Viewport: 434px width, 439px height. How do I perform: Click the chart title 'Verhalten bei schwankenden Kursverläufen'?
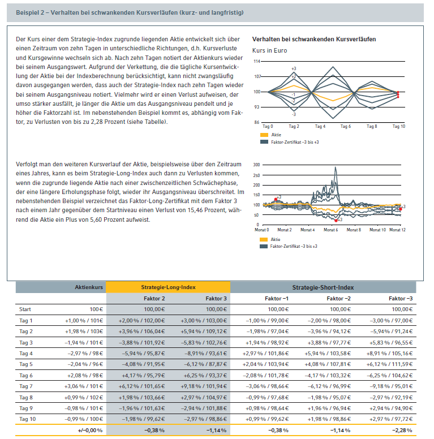[x=314, y=40]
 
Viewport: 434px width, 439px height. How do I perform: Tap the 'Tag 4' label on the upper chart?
[x=320, y=127]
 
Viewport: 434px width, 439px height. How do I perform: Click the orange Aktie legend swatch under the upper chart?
[x=264, y=135]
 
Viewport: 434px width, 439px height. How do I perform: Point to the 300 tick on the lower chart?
[x=256, y=165]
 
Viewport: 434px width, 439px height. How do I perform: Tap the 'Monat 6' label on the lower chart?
[x=330, y=230]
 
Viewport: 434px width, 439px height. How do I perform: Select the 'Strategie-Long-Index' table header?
[x=168, y=287]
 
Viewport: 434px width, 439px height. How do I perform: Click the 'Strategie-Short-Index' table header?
[x=323, y=287]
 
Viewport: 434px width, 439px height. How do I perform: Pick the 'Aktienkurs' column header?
[x=89, y=287]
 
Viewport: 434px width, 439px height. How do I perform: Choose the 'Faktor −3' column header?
[x=401, y=298]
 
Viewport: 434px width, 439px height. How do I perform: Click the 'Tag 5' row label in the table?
[x=25, y=364]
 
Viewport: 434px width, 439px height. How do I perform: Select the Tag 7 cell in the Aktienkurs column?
[x=85, y=386]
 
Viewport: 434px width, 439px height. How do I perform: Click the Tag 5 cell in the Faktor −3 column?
[x=393, y=364]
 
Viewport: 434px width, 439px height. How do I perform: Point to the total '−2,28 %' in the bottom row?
[x=401, y=431]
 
